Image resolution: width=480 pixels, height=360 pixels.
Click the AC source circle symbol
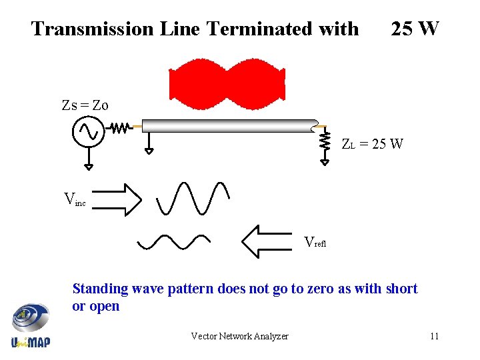pos(87,132)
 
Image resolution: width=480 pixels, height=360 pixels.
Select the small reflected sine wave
pos(173,241)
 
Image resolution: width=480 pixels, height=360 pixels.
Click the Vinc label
pos(74,199)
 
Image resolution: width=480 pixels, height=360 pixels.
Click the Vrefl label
pos(315,243)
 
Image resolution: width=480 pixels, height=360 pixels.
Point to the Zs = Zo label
pos(85,105)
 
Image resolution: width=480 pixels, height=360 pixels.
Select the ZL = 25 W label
pos(372,144)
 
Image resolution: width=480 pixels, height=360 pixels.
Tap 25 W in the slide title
pos(415,29)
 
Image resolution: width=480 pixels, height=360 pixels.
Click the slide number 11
pos(434,336)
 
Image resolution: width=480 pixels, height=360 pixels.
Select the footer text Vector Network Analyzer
pos(239,336)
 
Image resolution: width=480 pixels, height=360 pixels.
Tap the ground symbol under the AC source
pos(87,165)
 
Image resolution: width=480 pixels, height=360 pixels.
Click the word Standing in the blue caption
pos(100,289)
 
